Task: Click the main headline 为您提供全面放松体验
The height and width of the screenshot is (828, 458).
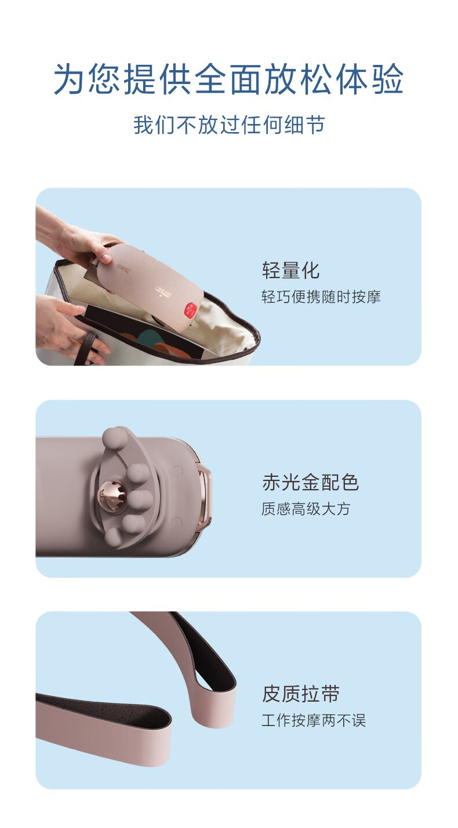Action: (x=228, y=79)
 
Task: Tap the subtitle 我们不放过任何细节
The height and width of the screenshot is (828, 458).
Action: (x=229, y=125)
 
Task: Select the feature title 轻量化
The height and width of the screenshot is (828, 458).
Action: (x=290, y=270)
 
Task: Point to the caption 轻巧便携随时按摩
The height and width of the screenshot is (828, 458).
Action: (x=321, y=297)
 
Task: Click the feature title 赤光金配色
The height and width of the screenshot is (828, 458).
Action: (x=310, y=482)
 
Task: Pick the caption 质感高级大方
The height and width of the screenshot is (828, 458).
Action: (x=306, y=509)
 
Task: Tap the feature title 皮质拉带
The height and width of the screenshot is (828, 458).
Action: (x=301, y=694)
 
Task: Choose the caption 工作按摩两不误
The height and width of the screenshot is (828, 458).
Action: (x=314, y=720)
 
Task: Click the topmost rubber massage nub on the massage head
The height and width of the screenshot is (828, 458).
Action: (x=115, y=437)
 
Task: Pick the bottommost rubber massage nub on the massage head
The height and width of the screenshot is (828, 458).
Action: (x=114, y=537)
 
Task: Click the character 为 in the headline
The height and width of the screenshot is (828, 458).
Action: (x=68, y=79)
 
